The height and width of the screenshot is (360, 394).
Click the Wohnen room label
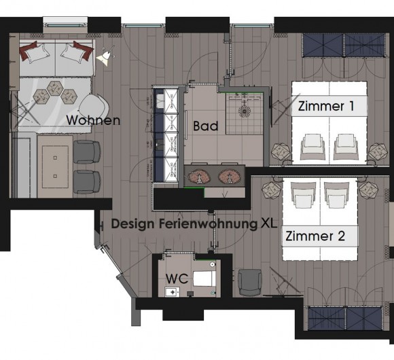[x=93, y=121]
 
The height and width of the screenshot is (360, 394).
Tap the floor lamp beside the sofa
[x=106, y=54]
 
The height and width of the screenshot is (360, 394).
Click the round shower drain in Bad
[x=240, y=109]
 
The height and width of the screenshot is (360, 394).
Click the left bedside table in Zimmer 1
[x=279, y=152]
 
